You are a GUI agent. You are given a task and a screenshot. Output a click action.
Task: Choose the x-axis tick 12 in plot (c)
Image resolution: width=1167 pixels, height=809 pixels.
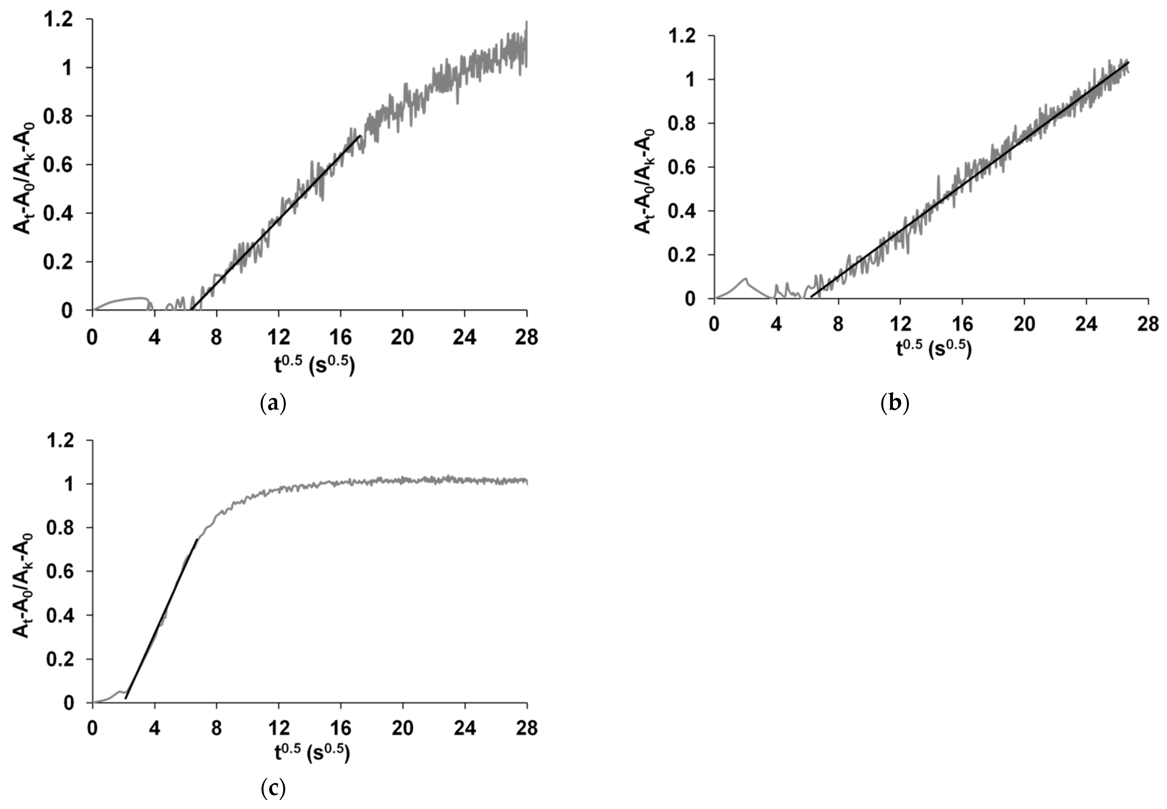pyautogui.click(x=278, y=728)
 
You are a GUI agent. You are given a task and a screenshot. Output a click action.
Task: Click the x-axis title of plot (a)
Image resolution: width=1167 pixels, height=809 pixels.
pyautogui.click(x=315, y=365)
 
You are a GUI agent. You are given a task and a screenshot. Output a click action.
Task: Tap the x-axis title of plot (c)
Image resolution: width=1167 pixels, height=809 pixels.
pyautogui.click(x=312, y=754)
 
